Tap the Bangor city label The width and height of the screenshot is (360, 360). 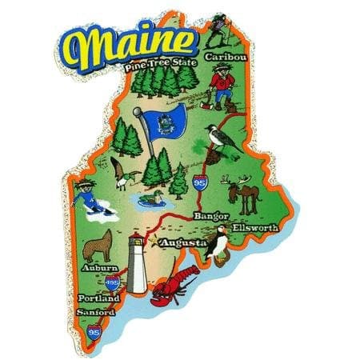pos(211,216)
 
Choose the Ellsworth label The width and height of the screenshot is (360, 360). pos(256,227)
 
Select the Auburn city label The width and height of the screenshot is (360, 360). pos(95,267)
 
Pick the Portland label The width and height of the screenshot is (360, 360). pos(98,298)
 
